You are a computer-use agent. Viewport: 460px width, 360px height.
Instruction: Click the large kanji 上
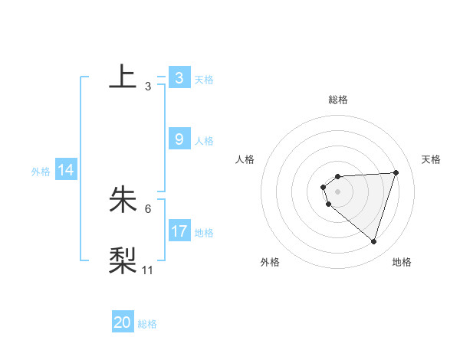point(123,77)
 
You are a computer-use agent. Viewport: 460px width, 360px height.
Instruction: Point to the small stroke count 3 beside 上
point(148,87)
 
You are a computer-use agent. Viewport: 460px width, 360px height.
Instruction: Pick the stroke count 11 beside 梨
point(148,270)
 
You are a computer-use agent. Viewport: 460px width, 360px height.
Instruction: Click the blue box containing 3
point(179,78)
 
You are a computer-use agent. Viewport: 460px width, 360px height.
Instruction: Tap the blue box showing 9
point(179,139)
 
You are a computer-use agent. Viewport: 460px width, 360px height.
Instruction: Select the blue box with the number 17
point(179,231)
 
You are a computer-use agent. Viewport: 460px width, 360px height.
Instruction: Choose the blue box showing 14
point(66,171)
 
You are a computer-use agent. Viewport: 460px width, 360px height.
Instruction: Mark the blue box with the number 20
point(123,322)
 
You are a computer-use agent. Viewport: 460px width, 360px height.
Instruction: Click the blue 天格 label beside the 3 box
point(204,79)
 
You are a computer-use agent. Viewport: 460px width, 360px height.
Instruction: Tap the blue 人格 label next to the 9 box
point(204,141)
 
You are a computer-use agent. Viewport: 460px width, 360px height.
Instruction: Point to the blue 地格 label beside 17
point(204,233)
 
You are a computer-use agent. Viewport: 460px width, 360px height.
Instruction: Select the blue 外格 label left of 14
point(41,172)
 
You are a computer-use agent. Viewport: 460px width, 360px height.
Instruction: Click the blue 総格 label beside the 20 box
point(147,324)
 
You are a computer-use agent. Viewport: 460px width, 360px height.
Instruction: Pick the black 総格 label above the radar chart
point(338,100)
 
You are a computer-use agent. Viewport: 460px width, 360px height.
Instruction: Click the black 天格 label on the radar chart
point(431,159)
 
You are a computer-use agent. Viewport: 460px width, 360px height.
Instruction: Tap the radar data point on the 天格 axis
point(396,172)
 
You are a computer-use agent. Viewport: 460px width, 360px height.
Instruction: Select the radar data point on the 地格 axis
point(374,241)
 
